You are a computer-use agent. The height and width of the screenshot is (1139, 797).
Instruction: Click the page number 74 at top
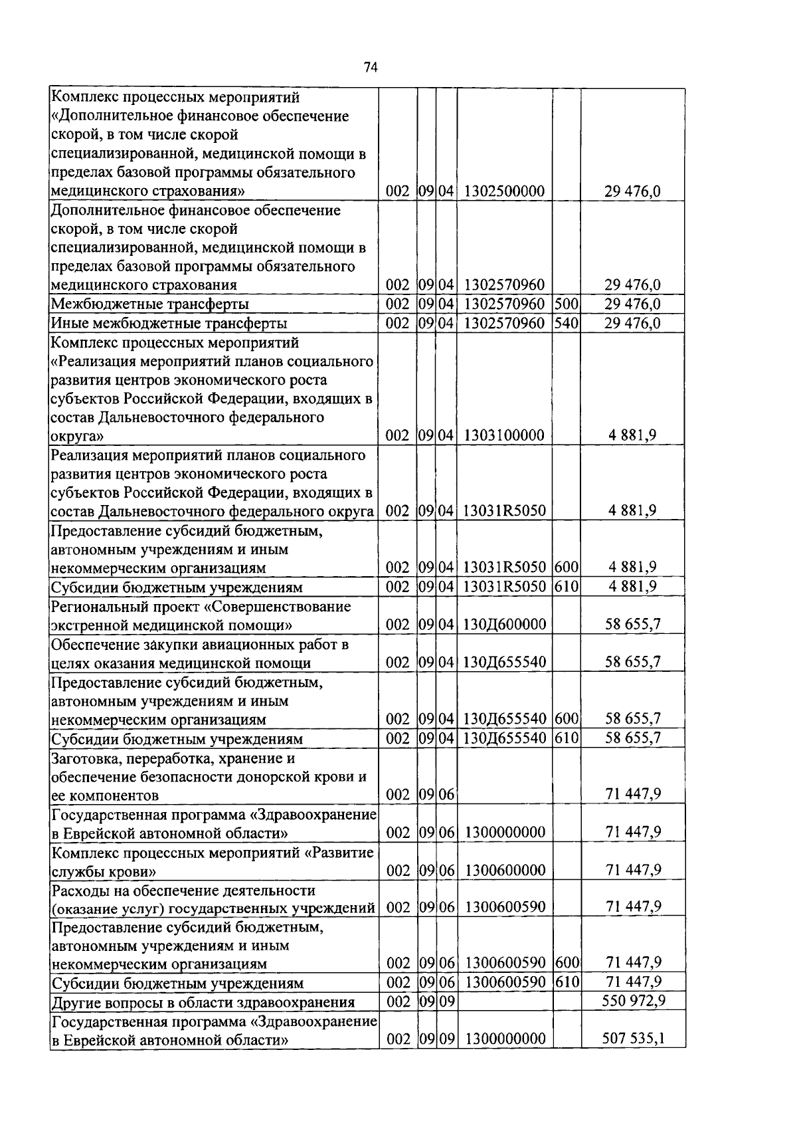tap(371, 67)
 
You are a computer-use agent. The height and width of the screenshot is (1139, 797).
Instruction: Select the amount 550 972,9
tap(633, 1001)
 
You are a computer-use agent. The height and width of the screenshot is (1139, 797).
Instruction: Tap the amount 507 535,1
tap(633, 1039)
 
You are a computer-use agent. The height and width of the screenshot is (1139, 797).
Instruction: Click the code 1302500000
tap(505, 192)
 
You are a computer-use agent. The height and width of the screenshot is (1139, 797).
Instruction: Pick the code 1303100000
tap(505, 436)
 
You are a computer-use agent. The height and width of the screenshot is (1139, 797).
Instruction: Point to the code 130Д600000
tap(505, 625)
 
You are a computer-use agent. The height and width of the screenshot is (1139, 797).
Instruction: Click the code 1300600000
tap(505, 871)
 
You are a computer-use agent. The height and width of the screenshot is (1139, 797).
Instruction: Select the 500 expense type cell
tap(567, 304)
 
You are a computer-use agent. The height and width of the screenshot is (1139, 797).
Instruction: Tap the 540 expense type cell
tap(567, 324)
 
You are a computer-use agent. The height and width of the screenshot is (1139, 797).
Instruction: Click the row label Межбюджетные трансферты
tap(150, 304)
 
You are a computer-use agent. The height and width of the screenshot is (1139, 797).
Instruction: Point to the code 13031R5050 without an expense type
tap(505, 511)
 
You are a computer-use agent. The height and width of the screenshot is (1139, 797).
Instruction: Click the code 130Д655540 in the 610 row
tap(505, 738)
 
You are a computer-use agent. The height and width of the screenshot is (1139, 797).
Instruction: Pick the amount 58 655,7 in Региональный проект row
tap(633, 625)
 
